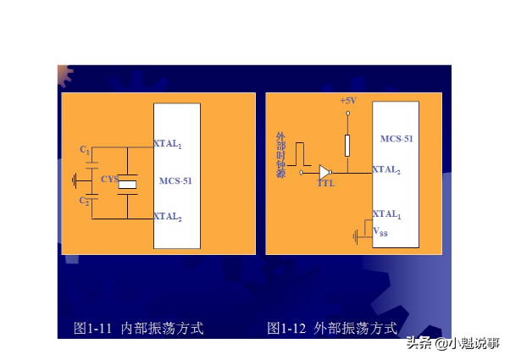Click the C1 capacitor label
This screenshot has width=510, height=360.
coord(85,150)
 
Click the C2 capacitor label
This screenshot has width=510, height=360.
coord(85,201)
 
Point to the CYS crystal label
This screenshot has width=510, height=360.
coord(109,180)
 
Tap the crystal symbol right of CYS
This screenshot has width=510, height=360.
coord(128,183)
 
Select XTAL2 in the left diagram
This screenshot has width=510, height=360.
coord(168,217)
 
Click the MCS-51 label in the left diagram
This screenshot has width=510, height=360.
coord(175,180)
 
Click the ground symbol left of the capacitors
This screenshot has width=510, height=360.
coord(75,179)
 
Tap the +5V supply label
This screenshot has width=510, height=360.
coord(347,101)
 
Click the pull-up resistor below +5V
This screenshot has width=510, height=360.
coord(346,145)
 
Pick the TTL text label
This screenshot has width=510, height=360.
coord(325,182)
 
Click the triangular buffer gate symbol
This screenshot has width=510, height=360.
coord(324,172)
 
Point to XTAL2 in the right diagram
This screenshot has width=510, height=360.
coord(386,169)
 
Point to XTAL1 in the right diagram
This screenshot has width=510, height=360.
coord(387,214)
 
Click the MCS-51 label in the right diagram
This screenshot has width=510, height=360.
coord(396,138)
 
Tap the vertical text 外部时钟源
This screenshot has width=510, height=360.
coord(281,155)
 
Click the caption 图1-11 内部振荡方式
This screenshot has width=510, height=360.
coord(139,327)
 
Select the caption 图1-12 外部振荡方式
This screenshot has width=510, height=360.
coord(332,327)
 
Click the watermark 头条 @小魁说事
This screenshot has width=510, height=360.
coord(452,343)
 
